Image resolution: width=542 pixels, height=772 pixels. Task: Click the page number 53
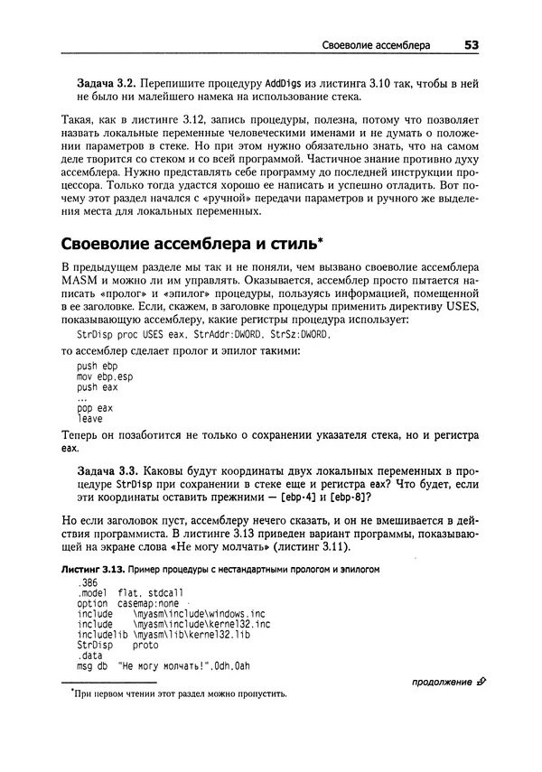pyautogui.click(x=471, y=43)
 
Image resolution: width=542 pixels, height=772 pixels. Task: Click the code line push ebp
pyautogui.click(x=97, y=366)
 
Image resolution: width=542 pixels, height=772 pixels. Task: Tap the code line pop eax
pyautogui.click(x=95, y=408)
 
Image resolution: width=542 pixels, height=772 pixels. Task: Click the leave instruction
pyautogui.click(x=90, y=419)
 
